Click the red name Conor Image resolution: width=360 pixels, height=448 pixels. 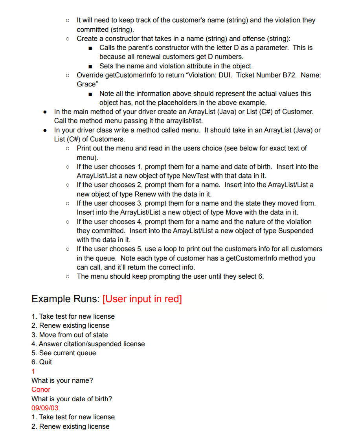click(41, 389)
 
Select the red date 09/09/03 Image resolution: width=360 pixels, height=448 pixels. click(45, 408)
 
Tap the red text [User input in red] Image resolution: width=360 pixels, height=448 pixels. click(142, 299)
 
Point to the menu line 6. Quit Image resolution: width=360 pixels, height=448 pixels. click(42, 362)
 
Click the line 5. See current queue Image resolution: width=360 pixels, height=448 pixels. click(64, 353)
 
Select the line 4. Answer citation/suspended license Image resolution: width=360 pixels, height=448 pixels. click(88, 344)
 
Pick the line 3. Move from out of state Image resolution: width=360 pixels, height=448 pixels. click(70, 335)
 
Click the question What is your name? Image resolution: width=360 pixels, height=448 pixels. click(62, 380)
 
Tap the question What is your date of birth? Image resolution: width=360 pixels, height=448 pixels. click(72, 399)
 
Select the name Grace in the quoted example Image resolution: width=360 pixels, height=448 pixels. click(86, 84)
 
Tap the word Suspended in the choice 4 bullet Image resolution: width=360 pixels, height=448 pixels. click(296, 231)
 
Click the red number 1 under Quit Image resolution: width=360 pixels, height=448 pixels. click(33, 371)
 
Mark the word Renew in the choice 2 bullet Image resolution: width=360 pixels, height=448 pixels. click(145, 194)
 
